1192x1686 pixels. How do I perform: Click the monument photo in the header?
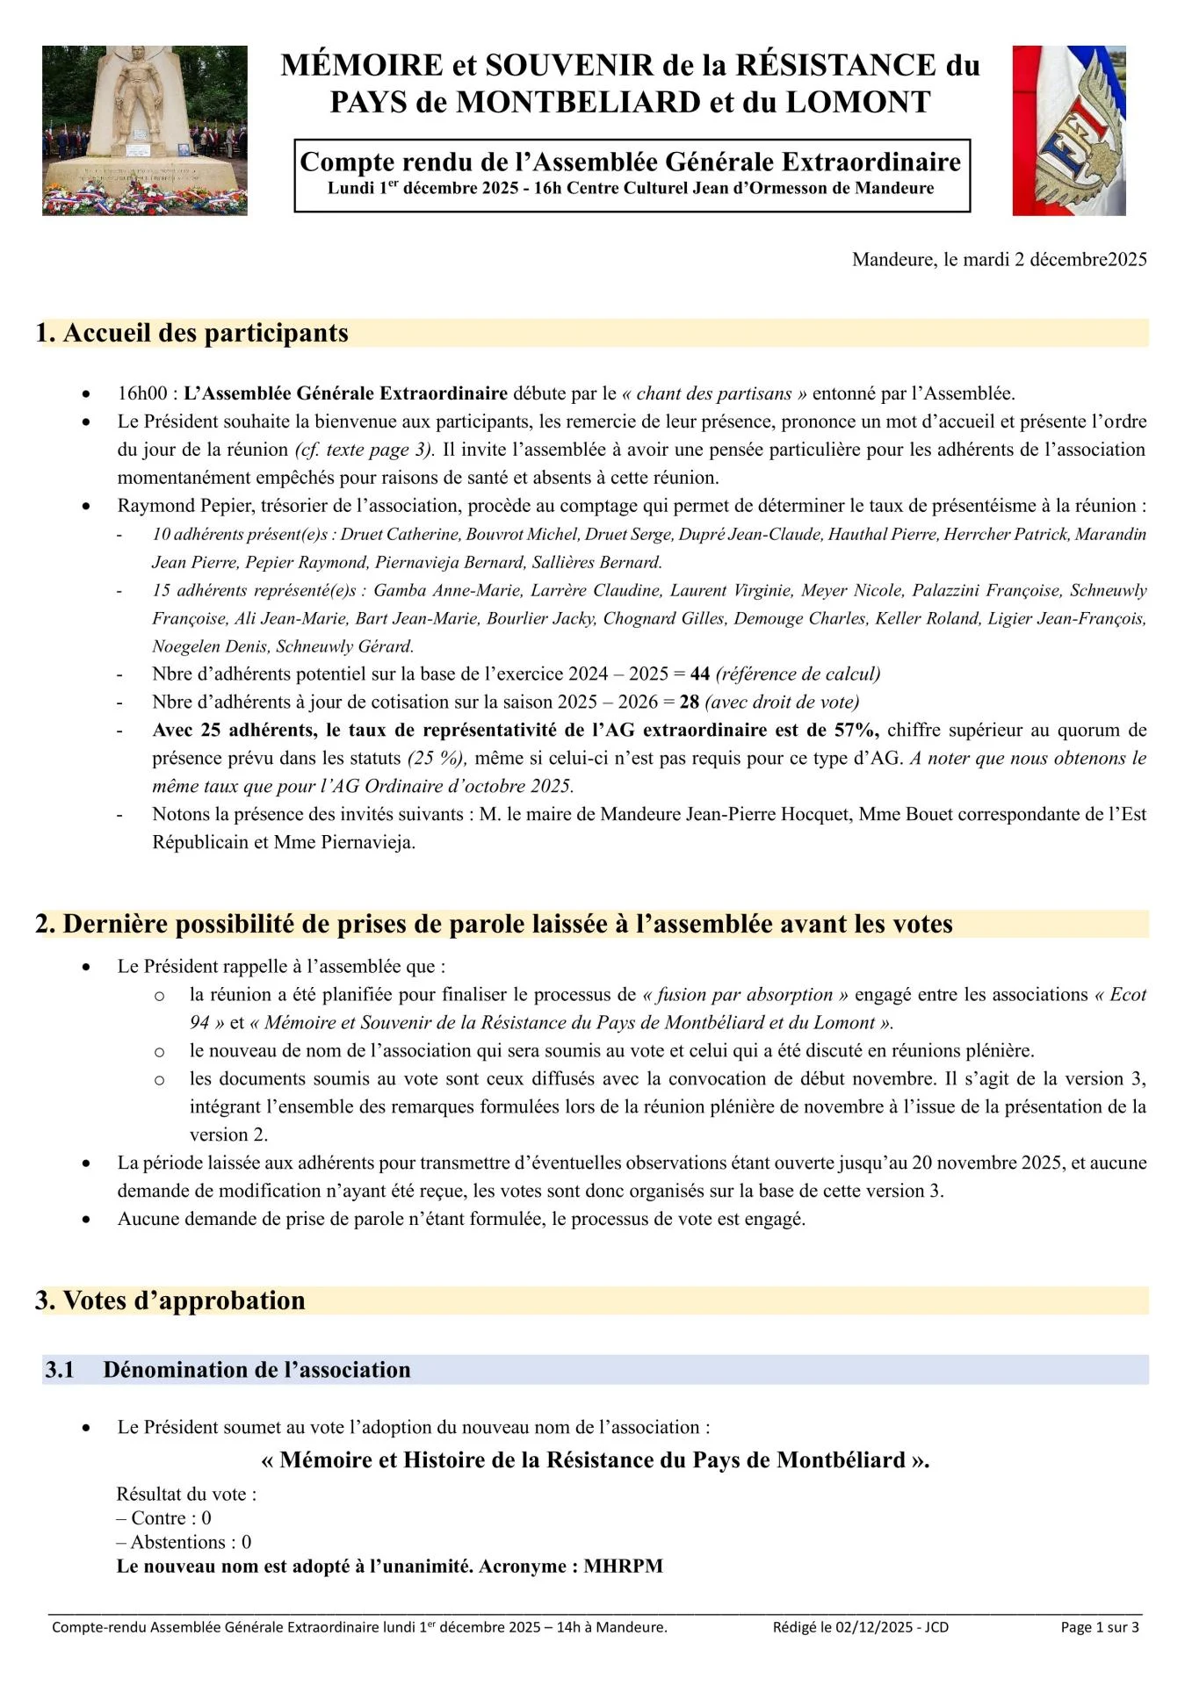[x=145, y=130]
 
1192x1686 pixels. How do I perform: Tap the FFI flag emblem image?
[x=1068, y=130]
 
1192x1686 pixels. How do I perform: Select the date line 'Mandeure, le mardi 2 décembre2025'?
[x=999, y=259]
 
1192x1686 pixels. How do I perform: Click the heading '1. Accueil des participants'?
[x=192, y=333]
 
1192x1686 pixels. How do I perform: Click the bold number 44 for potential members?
[x=699, y=674]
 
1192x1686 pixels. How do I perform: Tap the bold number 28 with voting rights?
[x=689, y=702]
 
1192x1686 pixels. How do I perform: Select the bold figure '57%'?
[x=859, y=731]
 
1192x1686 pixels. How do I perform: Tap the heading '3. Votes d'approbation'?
[x=170, y=1301]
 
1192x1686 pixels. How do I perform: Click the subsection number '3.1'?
[x=60, y=1370]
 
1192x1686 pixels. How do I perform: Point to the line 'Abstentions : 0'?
[x=184, y=1542]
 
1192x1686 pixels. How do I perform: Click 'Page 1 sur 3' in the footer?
[x=1099, y=1627]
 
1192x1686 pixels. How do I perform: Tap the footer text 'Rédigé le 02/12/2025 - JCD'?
[x=860, y=1627]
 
